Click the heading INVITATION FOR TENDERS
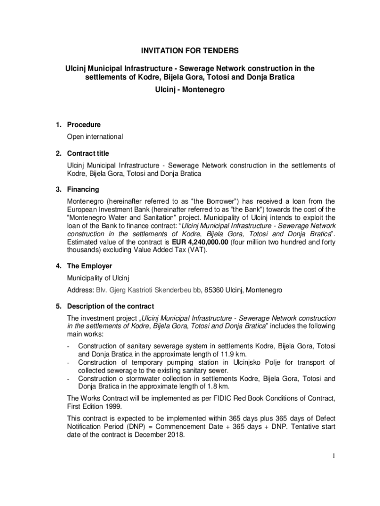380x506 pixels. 190,50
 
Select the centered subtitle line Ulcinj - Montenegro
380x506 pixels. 190,91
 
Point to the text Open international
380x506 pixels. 95,136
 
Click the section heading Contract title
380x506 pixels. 88,153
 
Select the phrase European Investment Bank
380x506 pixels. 104,210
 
